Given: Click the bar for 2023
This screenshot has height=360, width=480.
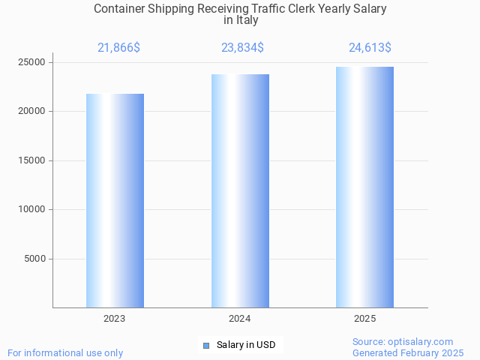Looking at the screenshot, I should (x=115, y=200).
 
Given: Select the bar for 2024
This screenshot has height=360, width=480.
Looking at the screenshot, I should (x=240, y=190).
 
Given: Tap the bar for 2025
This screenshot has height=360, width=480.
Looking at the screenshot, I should (x=364, y=187).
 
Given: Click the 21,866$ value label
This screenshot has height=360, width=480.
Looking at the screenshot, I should (x=118, y=48).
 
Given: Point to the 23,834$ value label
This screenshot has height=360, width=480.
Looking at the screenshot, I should (x=242, y=48).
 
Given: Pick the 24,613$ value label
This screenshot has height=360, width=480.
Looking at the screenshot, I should (x=370, y=48).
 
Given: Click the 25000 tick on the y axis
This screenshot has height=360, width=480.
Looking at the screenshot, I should (x=32, y=62).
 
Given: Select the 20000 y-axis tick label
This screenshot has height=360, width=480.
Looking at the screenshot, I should (x=32, y=111).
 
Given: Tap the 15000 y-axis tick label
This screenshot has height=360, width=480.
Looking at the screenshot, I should (x=32, y=160).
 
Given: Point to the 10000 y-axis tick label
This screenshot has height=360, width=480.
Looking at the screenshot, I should (x=32, y=210).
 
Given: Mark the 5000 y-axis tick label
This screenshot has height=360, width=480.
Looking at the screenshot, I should (x=35, y=259).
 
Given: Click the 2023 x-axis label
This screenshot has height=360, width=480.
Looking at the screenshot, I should (x=115, y=319).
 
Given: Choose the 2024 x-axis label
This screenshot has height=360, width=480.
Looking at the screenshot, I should (x=240, y=319).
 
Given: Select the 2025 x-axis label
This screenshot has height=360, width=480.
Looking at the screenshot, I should (x=364, y=319).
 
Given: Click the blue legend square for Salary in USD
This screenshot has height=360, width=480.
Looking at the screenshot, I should (x=206, y=346).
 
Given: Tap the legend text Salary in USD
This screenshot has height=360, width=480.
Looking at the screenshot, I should (x=246, y=346).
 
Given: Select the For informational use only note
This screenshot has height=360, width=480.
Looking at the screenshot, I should (x=65, y=352).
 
